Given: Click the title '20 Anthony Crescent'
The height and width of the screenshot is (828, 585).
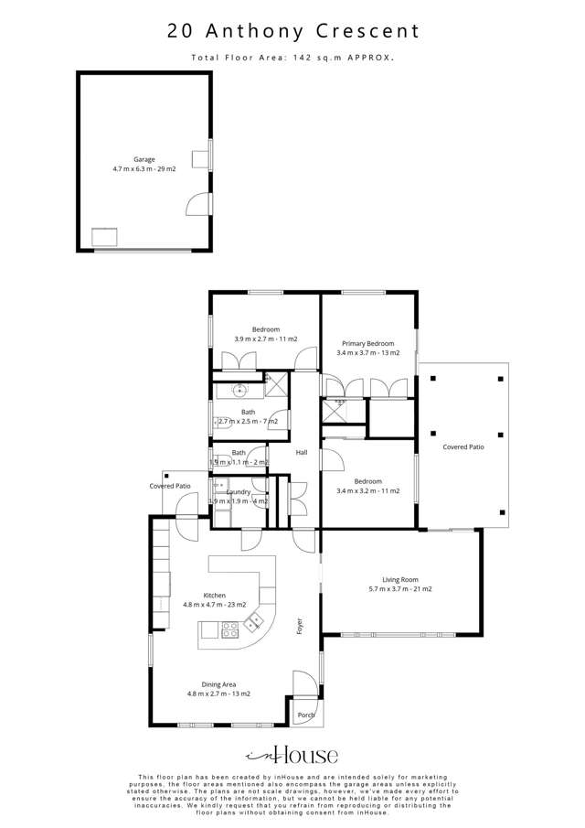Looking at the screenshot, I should pyautogui.click(x=292, y=31).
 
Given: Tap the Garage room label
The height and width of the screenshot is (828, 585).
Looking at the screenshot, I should pyautogui.click(x=144, y=159).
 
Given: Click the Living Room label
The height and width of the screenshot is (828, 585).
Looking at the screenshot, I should pyautogui.click(x=400, y=579).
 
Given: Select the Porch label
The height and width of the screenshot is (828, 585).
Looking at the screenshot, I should pyautogui.click(x=306, y=715).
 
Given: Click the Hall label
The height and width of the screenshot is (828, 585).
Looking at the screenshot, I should pyautogui.click(x=301, y=453).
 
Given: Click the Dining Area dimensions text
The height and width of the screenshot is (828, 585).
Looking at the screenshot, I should pyautogui.click(x=218, y=694).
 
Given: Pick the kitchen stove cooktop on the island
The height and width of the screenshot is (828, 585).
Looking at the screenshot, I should pyautogui.click(x=230, y=629).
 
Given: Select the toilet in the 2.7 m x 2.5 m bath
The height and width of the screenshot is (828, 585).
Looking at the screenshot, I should pyautogui.click(x=220, y=423).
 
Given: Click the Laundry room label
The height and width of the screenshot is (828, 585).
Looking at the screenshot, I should pyautogui.click(x=239, y=492).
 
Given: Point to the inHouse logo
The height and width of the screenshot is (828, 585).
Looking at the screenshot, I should pyautogui.click(x=292, y=755).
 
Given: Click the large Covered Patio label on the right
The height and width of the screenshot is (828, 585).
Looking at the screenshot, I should pyautogui.click(x=463, y=447).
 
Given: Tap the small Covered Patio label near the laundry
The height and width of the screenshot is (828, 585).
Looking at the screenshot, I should pyautogui.click(x=170, y=486).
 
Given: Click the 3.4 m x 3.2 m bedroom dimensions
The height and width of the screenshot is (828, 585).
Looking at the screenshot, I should pyautogui.click(x=368, y=491).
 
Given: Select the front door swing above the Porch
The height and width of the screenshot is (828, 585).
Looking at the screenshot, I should pyautogui.click(x=302, y=684).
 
